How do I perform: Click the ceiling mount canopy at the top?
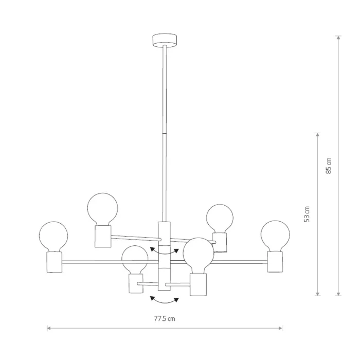tap(165, 41)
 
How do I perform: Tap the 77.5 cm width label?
tap(165, 319)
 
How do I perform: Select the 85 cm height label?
tap(329, 166)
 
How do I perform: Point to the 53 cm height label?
tap(307, 214)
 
